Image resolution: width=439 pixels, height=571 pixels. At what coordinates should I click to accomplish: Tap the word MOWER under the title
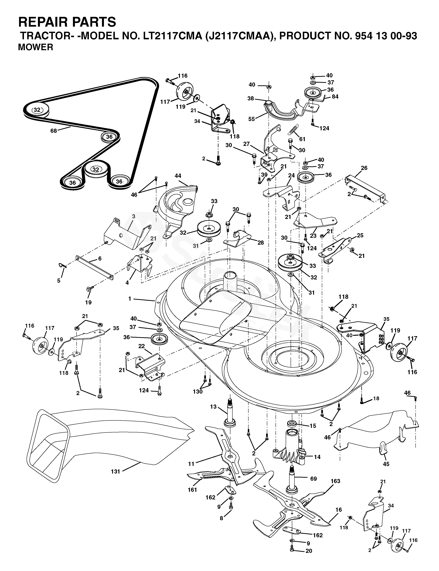(x=36, y=47)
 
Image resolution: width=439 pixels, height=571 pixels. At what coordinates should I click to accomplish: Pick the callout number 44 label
(x=178, y=176)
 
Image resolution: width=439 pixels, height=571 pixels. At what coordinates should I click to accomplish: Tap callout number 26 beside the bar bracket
(x=364, y=168)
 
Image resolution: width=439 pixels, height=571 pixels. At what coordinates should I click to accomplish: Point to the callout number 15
(x=313, y=426)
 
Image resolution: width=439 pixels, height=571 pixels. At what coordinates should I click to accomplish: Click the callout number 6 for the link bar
(x=100, y=259)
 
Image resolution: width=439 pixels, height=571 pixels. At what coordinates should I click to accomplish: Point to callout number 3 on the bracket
(x=134, y=216)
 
